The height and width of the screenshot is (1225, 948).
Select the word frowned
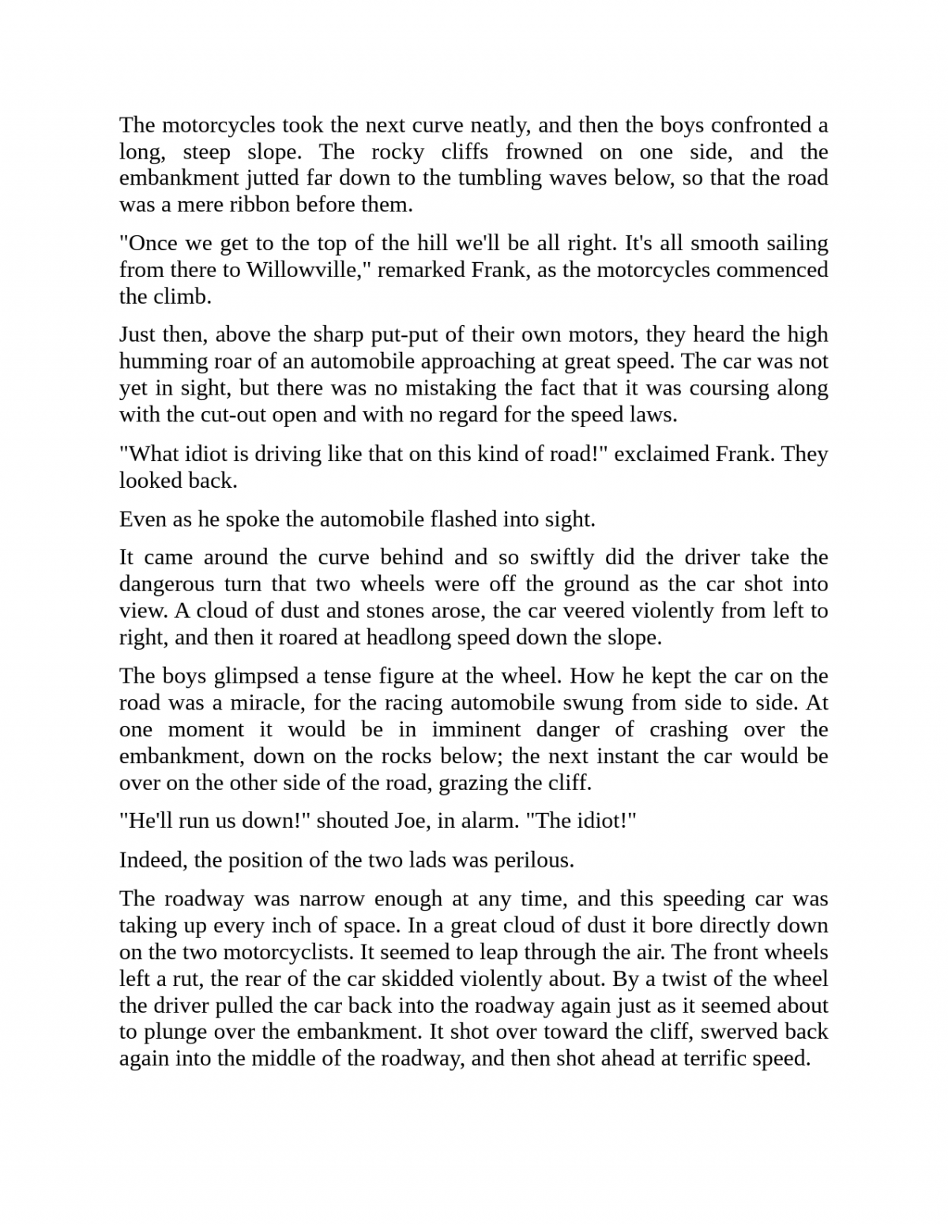pyautogui.click(x=544, y=152)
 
